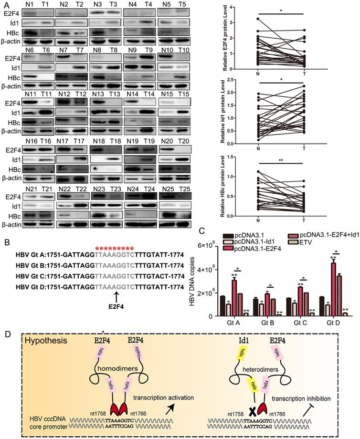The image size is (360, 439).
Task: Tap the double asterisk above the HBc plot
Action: click(280, 155)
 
